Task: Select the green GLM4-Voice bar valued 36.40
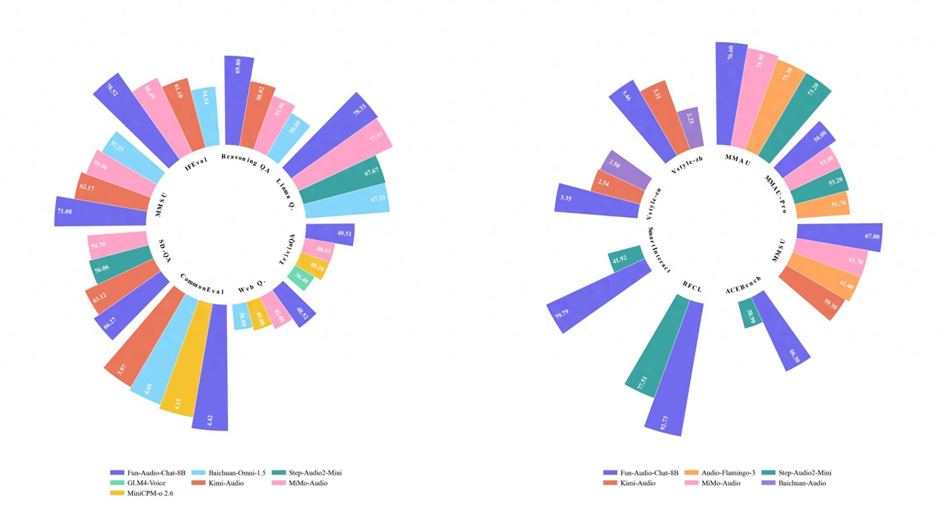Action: [301, 278]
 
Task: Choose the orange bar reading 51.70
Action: [822, 205]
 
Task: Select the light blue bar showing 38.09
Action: [240, 317]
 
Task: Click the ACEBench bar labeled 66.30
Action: [781, 330]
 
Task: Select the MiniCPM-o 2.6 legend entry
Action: [142, 493]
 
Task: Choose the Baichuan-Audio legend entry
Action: [794, 483]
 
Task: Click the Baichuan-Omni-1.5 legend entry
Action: [228, 473]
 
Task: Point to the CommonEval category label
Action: [202, 284]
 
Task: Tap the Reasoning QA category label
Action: [246, 162]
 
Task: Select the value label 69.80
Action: [238, 66]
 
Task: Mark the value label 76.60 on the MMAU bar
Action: [730, 53]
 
